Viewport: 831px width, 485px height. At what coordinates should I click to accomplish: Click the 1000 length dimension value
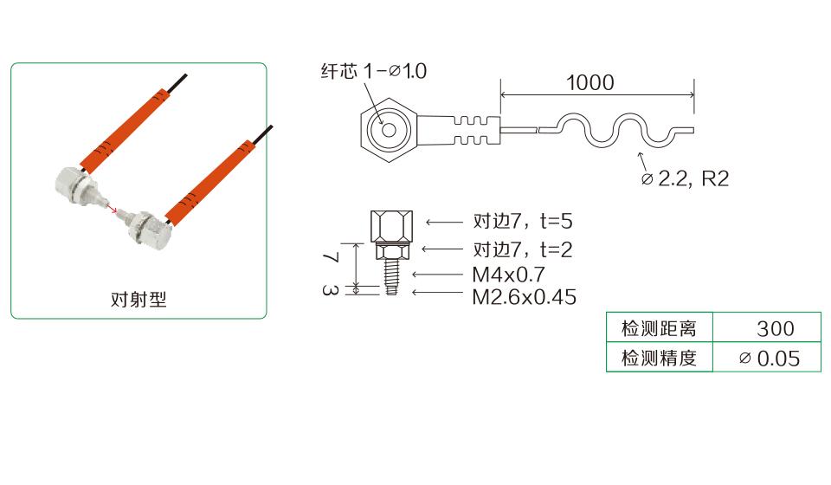[589, 82]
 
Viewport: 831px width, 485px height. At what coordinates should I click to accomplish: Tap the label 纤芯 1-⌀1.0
[374, 71]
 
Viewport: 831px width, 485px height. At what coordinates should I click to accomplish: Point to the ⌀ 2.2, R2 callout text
[686, 179]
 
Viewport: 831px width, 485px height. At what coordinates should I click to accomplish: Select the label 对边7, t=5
[523, 221]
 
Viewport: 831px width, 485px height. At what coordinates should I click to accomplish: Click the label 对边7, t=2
[523, 249]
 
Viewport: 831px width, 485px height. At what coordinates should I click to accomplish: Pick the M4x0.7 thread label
[508, 275]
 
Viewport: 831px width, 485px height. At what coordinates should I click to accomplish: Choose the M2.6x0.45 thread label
[525, 297]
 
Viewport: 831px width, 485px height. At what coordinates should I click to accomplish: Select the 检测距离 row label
[659, 328]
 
